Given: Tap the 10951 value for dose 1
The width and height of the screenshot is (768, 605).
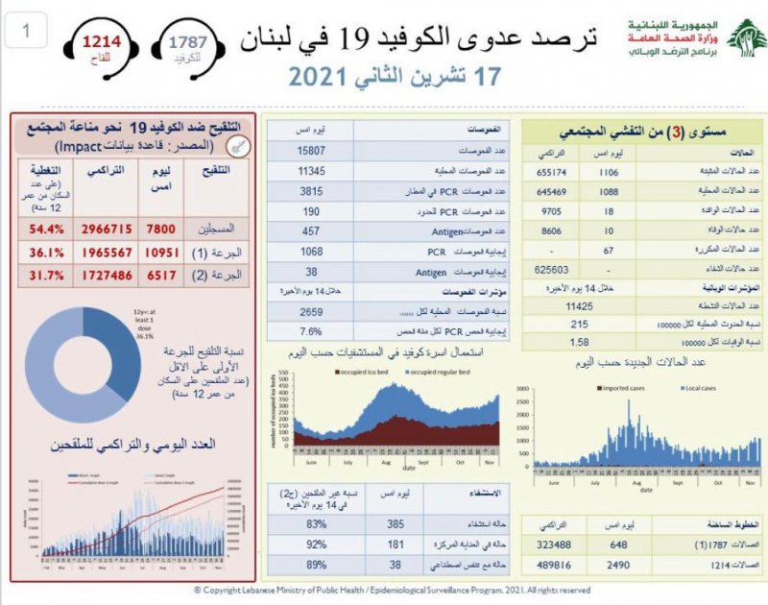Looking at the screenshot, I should pyautogui.click(x=156, y=254).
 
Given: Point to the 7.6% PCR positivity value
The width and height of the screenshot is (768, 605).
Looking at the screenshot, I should pyautogui.click(x=311, y=331).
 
